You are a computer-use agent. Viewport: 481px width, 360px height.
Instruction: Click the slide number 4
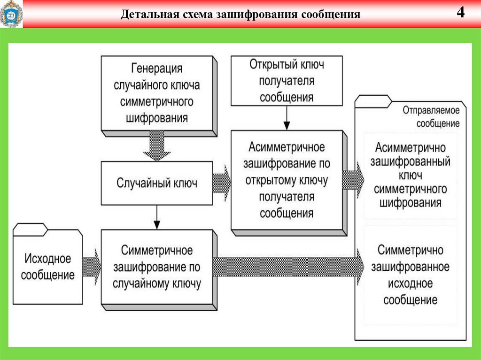(x=460, y=13)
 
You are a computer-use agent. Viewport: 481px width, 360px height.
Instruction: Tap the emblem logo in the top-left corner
(x=11, y=15)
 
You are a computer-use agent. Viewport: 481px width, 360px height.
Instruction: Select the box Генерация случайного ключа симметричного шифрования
(x=157, y=93)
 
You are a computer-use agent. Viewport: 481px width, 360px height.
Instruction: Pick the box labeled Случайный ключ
(x=157, y=183)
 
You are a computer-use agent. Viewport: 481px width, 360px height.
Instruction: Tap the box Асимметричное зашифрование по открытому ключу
(x=287, y=180)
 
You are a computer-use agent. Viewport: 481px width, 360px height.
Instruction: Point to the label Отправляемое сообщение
(x=431, y=117)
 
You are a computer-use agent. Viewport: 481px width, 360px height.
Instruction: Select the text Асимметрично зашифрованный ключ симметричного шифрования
(x=410, y=175)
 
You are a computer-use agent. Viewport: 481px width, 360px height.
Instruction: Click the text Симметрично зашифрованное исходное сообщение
(x=410, y=275)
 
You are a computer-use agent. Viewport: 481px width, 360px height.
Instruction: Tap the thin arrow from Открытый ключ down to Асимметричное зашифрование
(x=287, y=118)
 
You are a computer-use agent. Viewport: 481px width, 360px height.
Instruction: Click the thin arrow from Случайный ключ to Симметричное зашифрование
(x=157, y=217)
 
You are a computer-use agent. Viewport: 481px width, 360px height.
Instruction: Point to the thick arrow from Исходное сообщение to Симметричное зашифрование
(x=92, y=267)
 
